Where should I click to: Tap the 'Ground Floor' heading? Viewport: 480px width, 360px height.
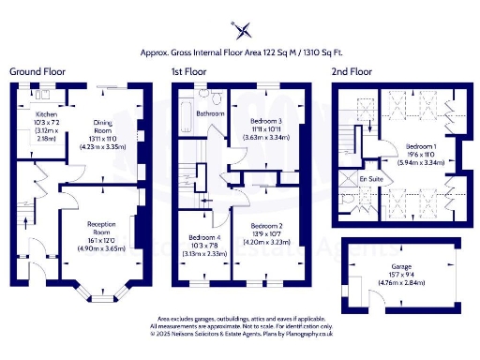point(37,71)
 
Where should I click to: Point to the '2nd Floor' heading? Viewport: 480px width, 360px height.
point(353,71)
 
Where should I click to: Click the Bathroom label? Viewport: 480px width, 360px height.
point(209,113)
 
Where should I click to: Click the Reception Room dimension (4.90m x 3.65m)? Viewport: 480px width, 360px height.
point(100,247)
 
